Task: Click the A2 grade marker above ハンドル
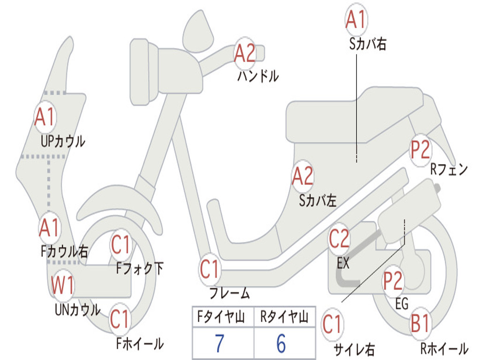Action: click(x=245, y=52)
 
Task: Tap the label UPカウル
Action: click(x=63, y=141)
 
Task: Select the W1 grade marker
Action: click(x=62, y=285)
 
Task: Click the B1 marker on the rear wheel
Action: click(x=420, y=324)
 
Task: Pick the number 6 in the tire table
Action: click(x=281, y=343)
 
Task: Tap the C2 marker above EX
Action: click(x=339, y=239)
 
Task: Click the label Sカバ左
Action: click(x=318, y=201)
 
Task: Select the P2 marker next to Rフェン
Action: click(x=420, y=150)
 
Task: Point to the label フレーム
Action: click(x=229, y=294)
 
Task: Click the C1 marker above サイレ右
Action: click(x=332, y=325)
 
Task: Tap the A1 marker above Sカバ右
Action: click(x=355, y=20)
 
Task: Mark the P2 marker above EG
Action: click(x=393, y=280)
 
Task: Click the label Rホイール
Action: click(x=443, y=349)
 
